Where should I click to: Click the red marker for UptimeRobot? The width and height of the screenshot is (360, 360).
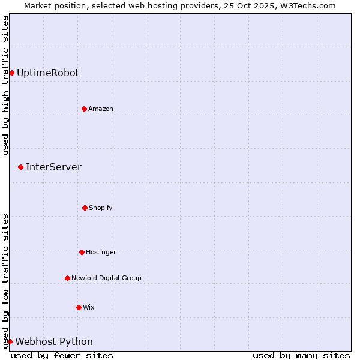[x=11, y=73]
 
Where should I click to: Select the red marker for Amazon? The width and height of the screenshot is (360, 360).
[x=84, y=109]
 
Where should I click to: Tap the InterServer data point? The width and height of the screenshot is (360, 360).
[x=20, y=167]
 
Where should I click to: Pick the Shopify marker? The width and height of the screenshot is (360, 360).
[x=85, y=208]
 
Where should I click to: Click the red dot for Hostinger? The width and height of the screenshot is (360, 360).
[x=82, y=252]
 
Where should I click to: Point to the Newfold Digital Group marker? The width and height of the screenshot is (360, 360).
[x=67, y=278]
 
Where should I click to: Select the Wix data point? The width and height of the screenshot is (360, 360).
[x=79, y=307]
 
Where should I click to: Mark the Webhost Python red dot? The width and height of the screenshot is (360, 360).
[x=10, y=341]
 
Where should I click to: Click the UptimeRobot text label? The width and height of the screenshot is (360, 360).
[x=47, y=73]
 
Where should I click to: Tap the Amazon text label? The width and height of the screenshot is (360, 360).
[x=101, y=109]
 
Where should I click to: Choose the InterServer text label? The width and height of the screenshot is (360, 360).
[x=53, y=167]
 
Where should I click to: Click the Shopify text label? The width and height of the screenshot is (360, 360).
[x=101, y=208]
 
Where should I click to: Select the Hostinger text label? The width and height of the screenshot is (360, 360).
[x=101, y=252]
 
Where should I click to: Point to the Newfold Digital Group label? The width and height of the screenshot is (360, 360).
[x=106, y=278]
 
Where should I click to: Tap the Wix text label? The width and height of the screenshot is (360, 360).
[x=89, y=307]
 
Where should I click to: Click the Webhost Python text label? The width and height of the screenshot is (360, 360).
[x=54, y=341]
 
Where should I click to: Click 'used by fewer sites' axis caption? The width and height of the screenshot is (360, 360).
[x=62, y=355]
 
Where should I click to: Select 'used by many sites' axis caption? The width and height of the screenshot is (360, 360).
[x=301, y=355]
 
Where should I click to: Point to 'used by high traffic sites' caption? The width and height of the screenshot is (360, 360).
[x=5, y=85]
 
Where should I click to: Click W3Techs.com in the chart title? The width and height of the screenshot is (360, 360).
[x=304, y=5]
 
